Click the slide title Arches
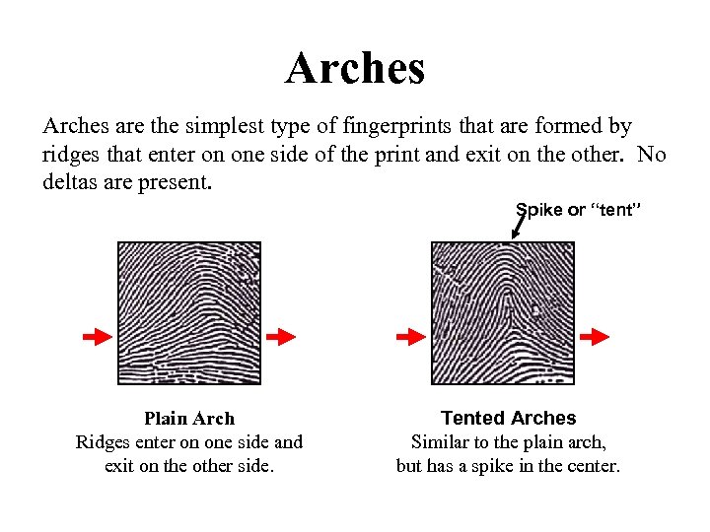click(x=355, y=69)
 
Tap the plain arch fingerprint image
click(x=189, y=313)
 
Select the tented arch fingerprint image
click(x=503, y=313)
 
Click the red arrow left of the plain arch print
click(x=96, y=337)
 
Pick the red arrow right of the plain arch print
click(x=281, y=337)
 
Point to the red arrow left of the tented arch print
click(x=409, y=337)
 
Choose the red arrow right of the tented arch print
click(x=594, y=337)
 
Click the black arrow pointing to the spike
click(x=517, y=226)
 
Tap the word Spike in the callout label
click(x=538, y=210)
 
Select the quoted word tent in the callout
click(x=616, y=210)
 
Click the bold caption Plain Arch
click(x=189, y=419)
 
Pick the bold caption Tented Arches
click(x=508, y=419)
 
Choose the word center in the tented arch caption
click(x=590, y=465)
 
